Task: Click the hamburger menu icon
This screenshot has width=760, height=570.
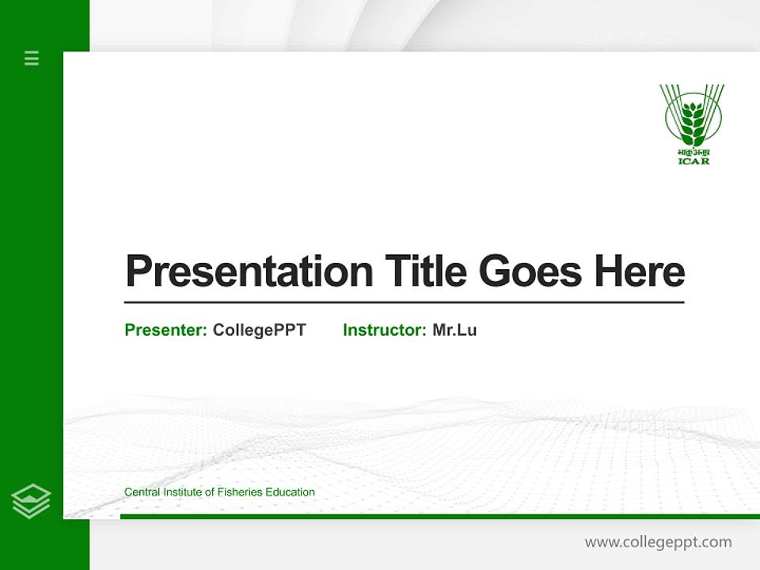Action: (32, 58)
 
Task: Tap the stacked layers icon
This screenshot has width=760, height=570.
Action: (31, 501)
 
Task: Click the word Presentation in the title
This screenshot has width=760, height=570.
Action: (249, 272)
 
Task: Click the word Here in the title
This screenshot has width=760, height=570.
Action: (639, 272)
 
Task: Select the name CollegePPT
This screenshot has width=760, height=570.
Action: (259, 330)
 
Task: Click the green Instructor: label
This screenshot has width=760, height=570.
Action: (385, 330)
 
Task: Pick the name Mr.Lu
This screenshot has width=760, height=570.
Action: (454, 330)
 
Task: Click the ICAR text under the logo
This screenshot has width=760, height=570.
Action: (693, 161)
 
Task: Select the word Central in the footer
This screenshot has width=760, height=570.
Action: (142, 492)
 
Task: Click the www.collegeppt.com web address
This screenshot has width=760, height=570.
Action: (658, 542)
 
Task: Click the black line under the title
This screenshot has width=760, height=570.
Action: (404, 302)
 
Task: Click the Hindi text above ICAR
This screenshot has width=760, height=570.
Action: (693, 152)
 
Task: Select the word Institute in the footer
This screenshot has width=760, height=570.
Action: (184, 492)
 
